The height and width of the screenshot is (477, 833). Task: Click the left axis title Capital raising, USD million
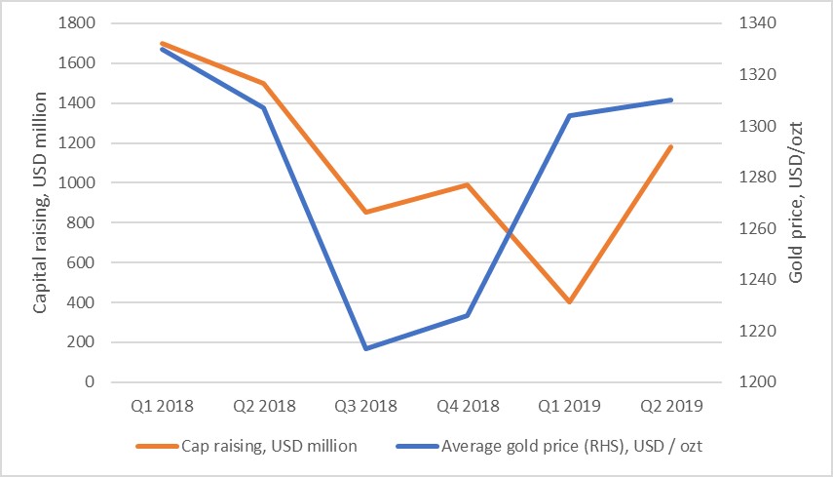[x=41, y=203]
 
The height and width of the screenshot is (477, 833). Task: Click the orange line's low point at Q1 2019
[x=570, y=302]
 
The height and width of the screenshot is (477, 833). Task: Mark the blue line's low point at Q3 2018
[x=365, y=348]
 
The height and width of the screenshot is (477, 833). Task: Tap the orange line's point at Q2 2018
[x=263, y=84]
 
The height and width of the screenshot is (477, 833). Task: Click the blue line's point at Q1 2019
[x=570, y=115]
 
